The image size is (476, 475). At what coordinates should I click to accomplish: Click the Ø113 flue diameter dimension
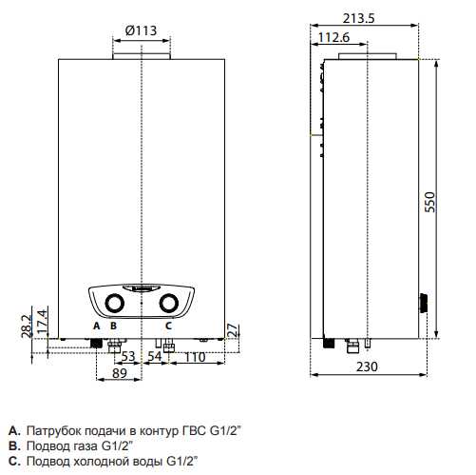click(x=141, y=30)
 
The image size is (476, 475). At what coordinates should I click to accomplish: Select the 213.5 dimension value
click(x=358, y=18)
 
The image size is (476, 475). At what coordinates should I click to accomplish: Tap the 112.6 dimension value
click(x=333, y=37)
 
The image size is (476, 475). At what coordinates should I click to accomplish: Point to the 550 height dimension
click(x=430, y=202)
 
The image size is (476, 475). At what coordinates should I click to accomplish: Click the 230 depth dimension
click(x=367, y=366)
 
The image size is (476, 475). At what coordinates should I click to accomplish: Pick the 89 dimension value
click(x=120, y=373)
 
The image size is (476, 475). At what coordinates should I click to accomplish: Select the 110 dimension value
click(x=195, y=357)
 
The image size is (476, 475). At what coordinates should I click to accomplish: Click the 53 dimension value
click(x=128, y=357)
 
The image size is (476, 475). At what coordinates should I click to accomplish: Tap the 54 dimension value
click(x=155, y=357)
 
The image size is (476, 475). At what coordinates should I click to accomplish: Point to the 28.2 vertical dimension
click(x=27, y=326)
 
